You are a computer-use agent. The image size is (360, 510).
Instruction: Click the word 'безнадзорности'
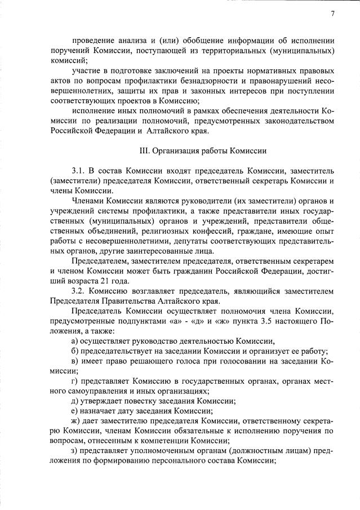[x=206, y=81]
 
